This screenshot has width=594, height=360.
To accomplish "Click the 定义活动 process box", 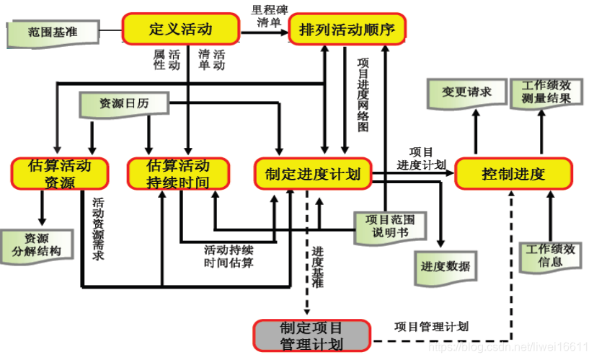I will (x=180, y=30).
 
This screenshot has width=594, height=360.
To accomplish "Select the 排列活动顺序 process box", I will (x=347, y=30).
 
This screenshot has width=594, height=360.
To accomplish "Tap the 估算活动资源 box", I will (x=60, y=174).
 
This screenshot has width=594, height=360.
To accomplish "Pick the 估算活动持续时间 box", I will (x=178, y=174).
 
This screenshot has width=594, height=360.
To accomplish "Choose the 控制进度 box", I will (x=513, y=174).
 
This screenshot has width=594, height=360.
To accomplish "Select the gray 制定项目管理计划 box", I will (x=311, y=335).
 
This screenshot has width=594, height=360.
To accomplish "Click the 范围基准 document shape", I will (x=52, y=32).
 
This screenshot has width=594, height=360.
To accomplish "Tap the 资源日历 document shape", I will (x=123, y=105).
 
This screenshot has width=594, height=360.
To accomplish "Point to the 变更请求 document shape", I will (x=466, y=92).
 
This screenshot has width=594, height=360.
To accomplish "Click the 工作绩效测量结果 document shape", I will (x=546, y=92).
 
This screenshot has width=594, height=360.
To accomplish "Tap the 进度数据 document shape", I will (x=445, y=265).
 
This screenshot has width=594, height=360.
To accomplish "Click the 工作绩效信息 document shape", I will (x=550, y=255).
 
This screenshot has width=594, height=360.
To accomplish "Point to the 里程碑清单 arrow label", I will (x=266, y=16).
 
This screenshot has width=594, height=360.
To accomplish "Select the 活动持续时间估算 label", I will (x=229, y=256).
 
